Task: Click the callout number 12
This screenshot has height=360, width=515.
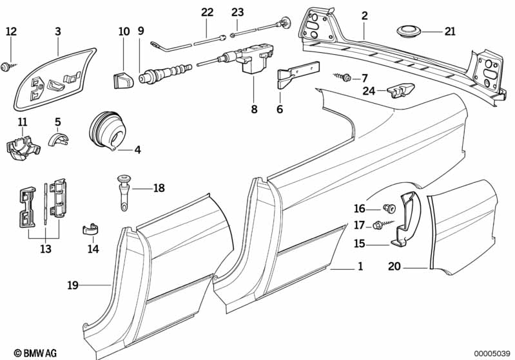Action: [x=12, y=31]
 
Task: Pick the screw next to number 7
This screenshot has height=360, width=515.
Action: [x=345, y=77]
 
